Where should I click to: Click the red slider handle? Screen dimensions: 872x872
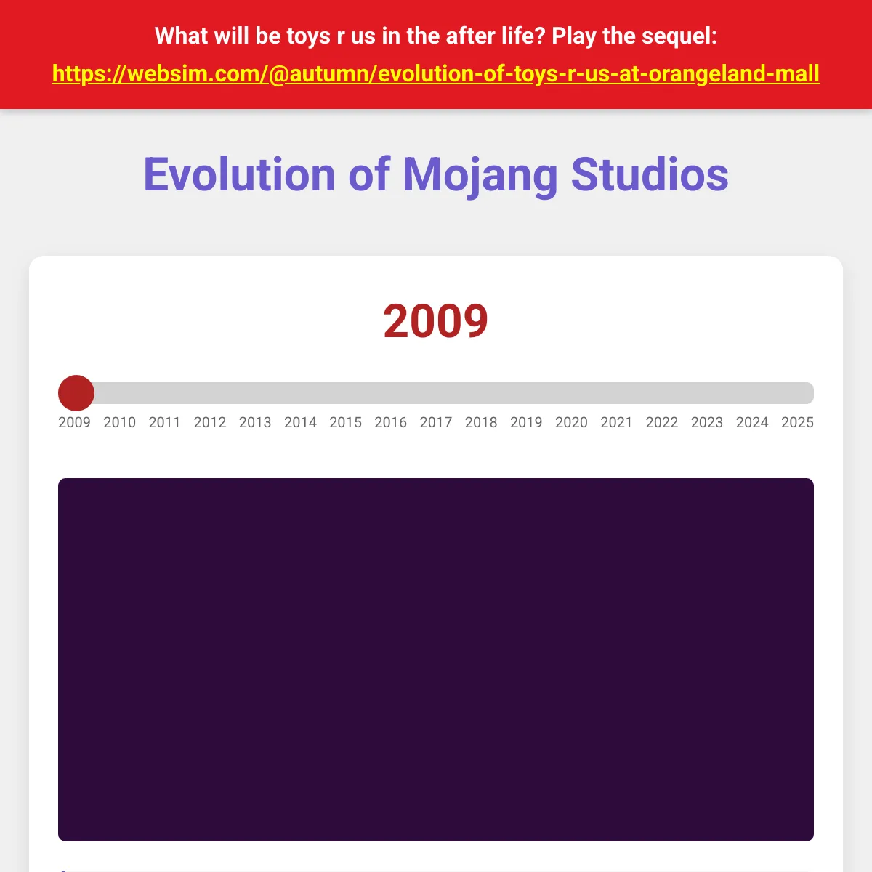pyautogui.click(x=76, y=393)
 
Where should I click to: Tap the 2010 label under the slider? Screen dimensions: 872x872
pyautogui.click(x=119, y=422)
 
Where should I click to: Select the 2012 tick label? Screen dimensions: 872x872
pyautogui.click(x=210, y=422)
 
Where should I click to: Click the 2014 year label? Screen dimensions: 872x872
pyautogui.click(x=300, y=422)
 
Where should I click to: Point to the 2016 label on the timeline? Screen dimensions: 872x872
pyautogui.click(x=390, y=422)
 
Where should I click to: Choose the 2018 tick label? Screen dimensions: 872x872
pyautogui.click(x=481, y=422)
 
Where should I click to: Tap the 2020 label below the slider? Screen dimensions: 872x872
pyautogui.click(x=572, y=422)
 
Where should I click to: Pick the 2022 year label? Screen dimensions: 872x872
pyautogui.click(x=661, y=422)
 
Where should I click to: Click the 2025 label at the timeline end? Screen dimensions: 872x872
pyautogui.click(x=797, y=422)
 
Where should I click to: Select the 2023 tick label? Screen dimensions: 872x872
pyautogui.click(x=707, y=422)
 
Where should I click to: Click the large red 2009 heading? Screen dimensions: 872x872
pyautogui.click(x=436, y=321)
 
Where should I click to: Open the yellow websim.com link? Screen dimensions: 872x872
pyautogui.click(x=436, y=74)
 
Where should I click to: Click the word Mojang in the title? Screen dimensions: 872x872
pyautogui.click(x=480, y=176)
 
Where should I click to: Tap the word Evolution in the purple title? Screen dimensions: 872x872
pyautogui.click(x=239, y=174)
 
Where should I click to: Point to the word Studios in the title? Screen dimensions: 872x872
pyautogui.click(x=650, y=174)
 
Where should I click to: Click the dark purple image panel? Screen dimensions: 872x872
pyautogui.click(x=436, y=660)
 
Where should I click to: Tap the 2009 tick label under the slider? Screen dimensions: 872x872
pyautogui.click(x=74, y=422)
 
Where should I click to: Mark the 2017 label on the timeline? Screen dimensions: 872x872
pyautogui.click(x=436, y=422)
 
